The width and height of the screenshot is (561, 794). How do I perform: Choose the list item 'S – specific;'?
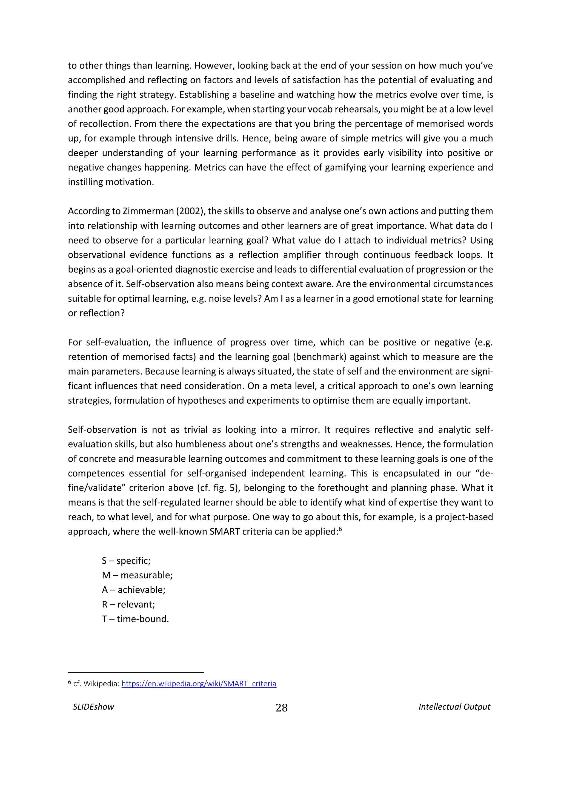[126, 561]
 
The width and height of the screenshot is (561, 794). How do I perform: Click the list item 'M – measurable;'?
[137, 575]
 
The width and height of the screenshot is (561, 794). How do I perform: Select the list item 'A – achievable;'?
[133, 590]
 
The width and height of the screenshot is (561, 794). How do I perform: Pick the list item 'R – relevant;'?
[128, 604]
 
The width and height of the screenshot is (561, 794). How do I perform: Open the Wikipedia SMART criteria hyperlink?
[199, 684]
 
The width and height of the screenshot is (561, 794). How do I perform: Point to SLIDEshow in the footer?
[93, 707]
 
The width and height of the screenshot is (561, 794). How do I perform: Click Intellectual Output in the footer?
[454, 707]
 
